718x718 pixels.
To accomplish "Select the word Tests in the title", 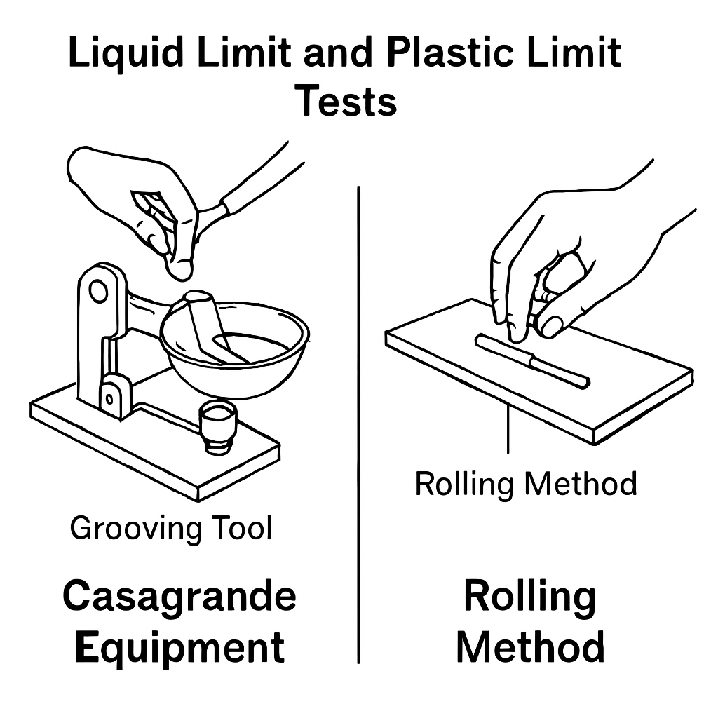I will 346,101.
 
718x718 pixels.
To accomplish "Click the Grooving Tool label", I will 170,528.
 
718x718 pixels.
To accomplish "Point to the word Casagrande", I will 179,597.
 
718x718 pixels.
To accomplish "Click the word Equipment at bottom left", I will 179,646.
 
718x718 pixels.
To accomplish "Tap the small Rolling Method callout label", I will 526,484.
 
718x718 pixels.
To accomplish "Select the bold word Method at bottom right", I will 530,646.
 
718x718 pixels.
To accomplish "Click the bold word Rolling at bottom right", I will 530,597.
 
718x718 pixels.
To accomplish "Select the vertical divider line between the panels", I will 358,421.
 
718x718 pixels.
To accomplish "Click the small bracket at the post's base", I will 114,396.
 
